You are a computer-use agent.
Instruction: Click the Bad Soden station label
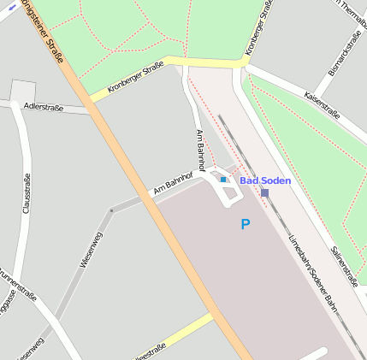[x=265, y=180]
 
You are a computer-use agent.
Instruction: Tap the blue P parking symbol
[x=246, y=225]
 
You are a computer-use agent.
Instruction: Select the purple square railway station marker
[x=265, y=192]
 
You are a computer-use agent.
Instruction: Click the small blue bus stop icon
[x=223, y=180]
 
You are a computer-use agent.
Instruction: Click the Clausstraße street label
[x=27, y=193]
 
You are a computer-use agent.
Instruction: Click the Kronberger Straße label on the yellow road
[x=136, y=81]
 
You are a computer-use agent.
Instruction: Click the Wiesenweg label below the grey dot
[x=92, y=250]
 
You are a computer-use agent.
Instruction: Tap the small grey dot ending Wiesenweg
[x=111, y=210]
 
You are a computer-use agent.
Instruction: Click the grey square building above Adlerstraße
[x=23, y=91]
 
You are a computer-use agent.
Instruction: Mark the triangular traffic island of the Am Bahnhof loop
[x=228, y=192]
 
